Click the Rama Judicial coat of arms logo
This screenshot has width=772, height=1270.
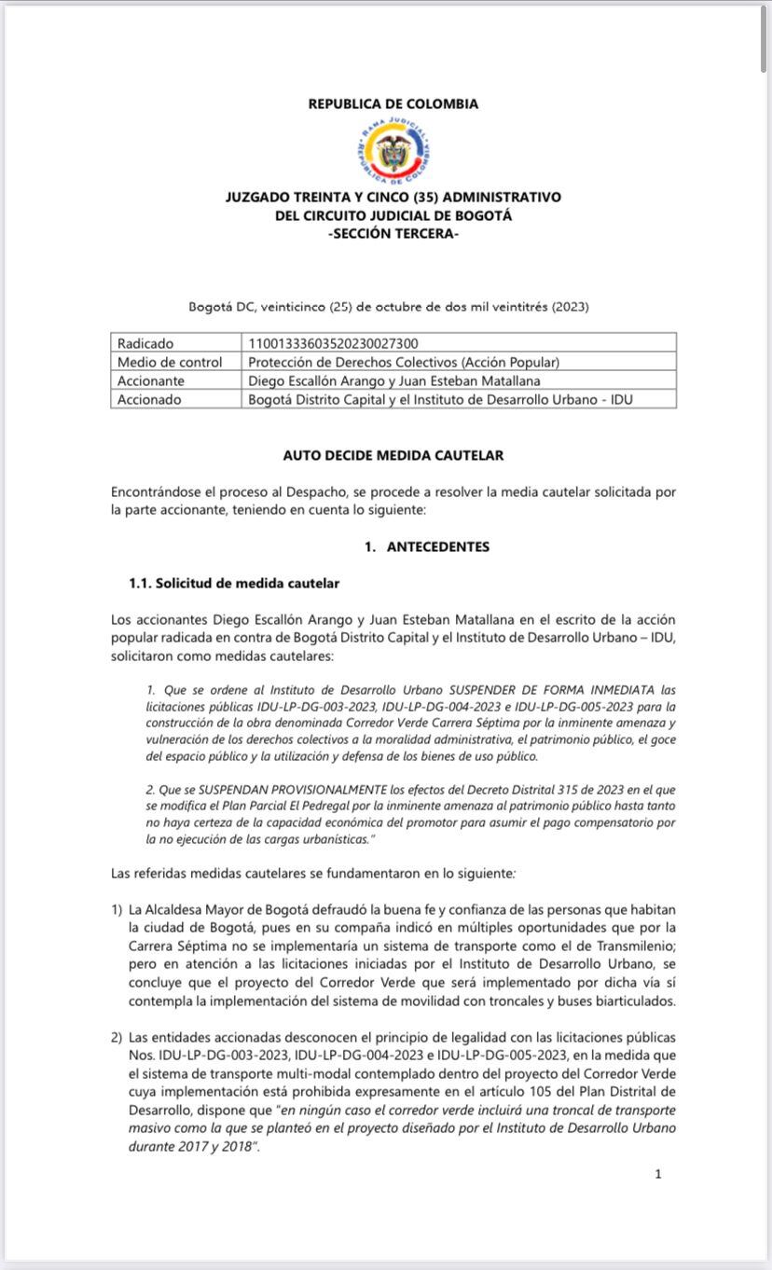[393, 151]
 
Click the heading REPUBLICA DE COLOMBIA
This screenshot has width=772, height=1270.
[393, 104]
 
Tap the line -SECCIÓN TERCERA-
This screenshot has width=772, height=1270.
[393, 234]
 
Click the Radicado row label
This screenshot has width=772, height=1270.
[145, 343]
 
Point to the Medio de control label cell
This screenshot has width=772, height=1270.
[170, 362]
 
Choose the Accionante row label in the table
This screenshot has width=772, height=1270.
[151, 380]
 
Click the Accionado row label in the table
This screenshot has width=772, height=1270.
[149, 399]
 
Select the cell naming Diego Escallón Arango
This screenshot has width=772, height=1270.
[393, 380]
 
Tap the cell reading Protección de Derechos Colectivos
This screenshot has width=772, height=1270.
[404, 362]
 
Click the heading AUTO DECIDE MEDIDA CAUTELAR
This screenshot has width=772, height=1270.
[393, 455]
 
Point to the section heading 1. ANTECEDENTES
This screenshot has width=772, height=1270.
[426, 546]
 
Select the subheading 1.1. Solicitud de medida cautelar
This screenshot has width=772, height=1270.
[234, 584]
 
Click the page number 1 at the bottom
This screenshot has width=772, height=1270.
[658, 1174]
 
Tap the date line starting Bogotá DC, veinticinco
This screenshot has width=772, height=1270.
[389, 306]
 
